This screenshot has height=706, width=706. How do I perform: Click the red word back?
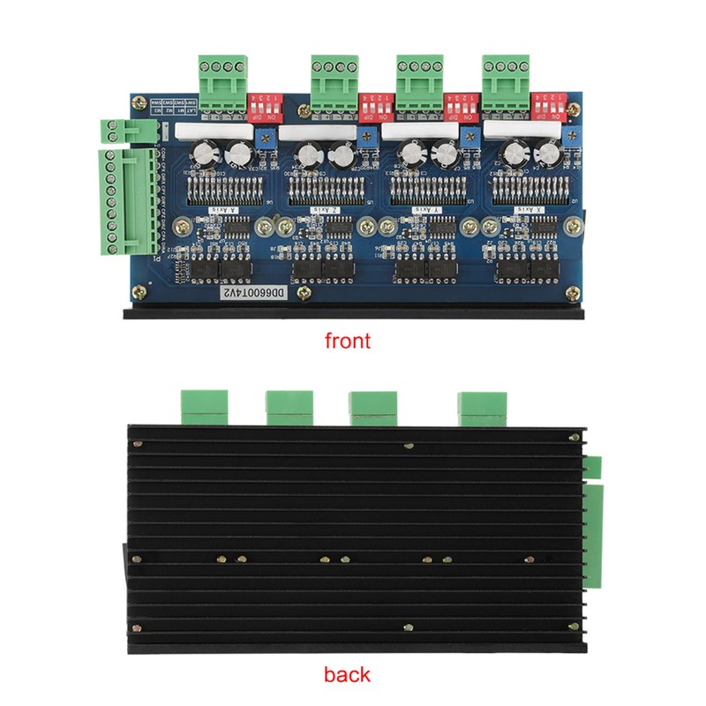pyautogui.click(x=347, y=676)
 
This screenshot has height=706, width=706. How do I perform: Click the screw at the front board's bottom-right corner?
pyautogui.click(x=575, y=290)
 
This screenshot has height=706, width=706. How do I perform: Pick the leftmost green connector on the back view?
pyautogui.click(x=202, y=407)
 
